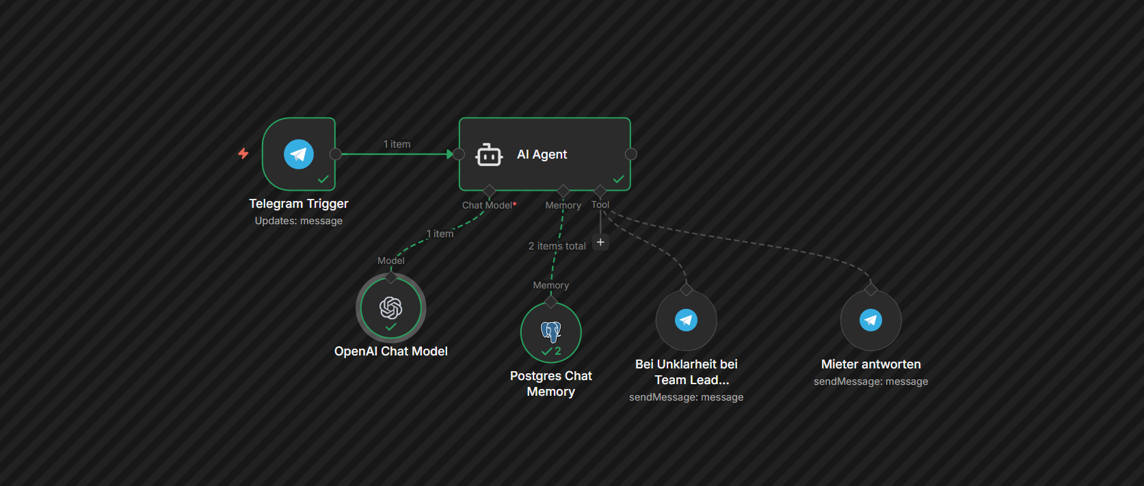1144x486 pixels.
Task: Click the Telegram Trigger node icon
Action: point(299,154)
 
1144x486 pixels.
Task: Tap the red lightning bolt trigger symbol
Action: point(243,154)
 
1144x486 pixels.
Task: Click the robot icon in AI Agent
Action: point(489,154)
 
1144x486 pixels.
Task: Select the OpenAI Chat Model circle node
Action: point(391,308)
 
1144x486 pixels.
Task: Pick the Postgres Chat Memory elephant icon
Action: point(551,331)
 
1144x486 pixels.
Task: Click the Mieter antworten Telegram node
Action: point(870,320)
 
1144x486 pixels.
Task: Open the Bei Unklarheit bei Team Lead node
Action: point(686,320)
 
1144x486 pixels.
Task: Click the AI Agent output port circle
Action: point(631,154)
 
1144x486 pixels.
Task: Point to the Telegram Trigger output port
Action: point(336,154)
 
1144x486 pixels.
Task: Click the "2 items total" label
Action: point(557,246)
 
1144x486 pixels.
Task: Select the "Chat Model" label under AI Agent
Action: point(487,205)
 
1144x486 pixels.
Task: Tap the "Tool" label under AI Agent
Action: point(600,204)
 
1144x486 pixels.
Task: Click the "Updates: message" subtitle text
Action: point(299,221)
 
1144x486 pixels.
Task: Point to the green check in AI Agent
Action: point(619,179)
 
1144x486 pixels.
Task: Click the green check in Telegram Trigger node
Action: point(323,179)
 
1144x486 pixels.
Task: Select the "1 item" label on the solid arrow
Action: point(397,144)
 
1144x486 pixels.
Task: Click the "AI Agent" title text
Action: point(542,154)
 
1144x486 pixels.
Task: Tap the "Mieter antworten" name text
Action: point(870,364)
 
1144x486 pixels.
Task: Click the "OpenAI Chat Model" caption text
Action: point(391,351)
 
